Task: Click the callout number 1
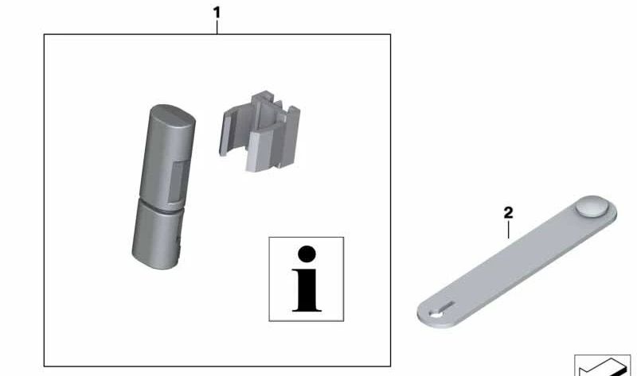[x=217, y=13]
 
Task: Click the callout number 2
[x=508, y=212]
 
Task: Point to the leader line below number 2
[x=508, y=231]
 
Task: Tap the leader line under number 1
[x=217, y=27]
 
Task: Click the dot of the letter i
[x=307, y=254]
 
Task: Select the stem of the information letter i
[x=307, y=290]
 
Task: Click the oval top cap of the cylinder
[x=173, y=115]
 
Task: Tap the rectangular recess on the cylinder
[x=178, y=181]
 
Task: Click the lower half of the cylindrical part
[x=157, y=235]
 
